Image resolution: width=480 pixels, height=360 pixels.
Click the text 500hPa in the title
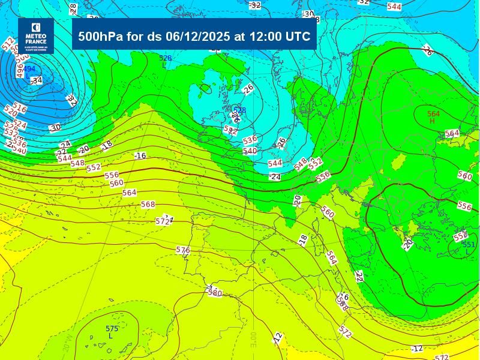(100, 36)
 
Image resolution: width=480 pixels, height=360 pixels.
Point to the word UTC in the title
(298, 36)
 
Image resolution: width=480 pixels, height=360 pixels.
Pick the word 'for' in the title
(134, 36)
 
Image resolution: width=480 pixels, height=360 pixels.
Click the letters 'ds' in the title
(154, 36)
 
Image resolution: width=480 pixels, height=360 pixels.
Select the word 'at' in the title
(239, 36)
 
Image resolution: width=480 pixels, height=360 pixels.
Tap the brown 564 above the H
(433, 114)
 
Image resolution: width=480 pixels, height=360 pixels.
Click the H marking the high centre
(432, 121)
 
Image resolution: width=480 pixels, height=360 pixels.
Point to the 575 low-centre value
(112, 329)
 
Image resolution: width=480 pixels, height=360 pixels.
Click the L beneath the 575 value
(110, 336)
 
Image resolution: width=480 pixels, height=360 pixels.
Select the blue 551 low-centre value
(469, 245)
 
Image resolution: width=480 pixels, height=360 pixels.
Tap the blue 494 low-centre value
(29, 69)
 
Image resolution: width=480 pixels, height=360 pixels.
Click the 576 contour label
(183, 250)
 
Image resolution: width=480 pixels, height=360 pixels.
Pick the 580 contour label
(214, 293)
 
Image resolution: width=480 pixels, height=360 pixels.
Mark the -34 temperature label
(37, 80)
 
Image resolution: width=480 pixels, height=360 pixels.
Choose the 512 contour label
(8, 44)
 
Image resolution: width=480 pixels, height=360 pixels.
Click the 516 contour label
(20, 108)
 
